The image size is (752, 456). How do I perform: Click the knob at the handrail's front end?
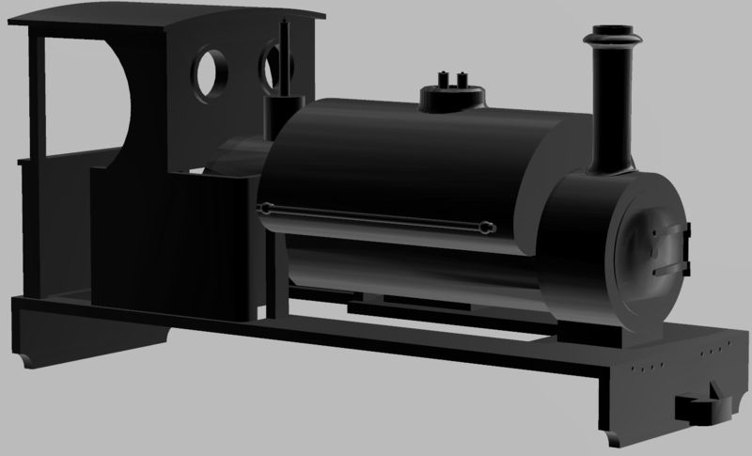point(487,227)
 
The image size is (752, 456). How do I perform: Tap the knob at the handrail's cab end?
point(268,207)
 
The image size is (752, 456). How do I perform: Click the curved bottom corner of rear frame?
point(28,362)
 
